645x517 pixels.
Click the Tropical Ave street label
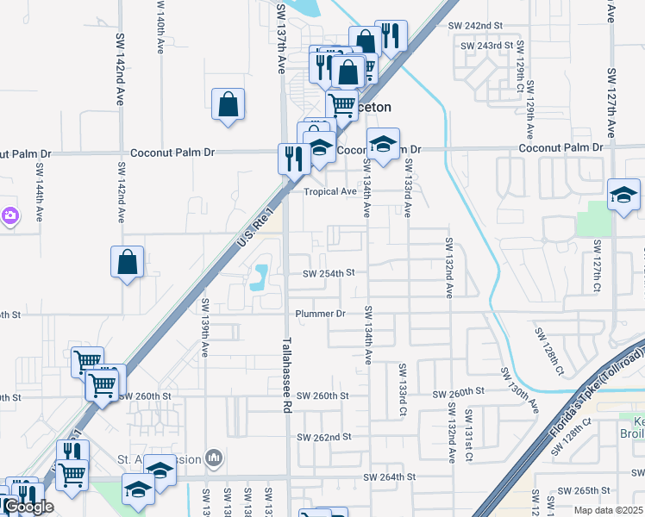pyautogui.click(x=329, y=191)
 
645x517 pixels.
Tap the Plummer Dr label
pyautogui.click(x=320, y=314)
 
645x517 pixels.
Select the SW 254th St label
pyautogui.click(x=329, y=273)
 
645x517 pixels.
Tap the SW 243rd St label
pyautogui.click(x=487, y=45)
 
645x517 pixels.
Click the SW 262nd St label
pyautogui.click(x=322, y=437)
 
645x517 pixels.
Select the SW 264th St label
pyautogui.click(x=389, y=477)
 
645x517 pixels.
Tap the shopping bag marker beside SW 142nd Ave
pyautogui.click(x=127, y=263)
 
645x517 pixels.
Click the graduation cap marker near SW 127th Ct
pyautogui.click(x=623, y=196)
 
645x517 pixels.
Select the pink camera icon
pyautogui.click(x=9, y=215)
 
